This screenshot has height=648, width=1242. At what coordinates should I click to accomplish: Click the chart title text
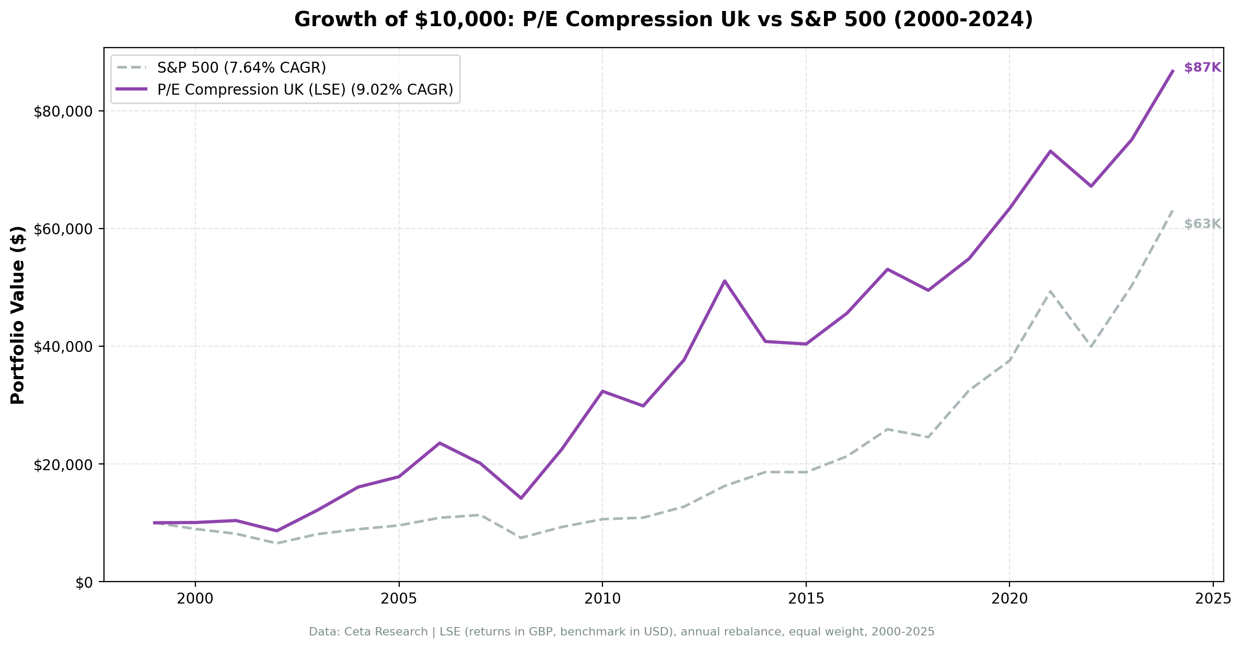tap(664, 20)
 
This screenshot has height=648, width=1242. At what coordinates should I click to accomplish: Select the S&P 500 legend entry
tap(241, 68)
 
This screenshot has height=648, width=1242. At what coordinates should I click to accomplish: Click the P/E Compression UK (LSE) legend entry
tap(305, 90)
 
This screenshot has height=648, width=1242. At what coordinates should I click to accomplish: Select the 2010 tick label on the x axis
tap(602, 599)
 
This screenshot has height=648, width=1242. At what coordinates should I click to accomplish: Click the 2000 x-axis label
tap(195, 599)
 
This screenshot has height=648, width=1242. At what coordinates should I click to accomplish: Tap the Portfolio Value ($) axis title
tap(18, 315)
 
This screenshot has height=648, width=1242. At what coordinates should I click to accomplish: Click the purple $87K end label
tap(1202, 67)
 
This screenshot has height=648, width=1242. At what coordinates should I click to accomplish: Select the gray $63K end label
tap(1202, 224)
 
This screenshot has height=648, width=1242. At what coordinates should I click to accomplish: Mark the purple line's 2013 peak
tap(724, 281)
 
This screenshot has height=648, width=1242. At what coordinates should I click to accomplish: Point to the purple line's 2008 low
tap(521, 498)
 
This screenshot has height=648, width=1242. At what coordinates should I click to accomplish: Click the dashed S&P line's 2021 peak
tap(1050, 291)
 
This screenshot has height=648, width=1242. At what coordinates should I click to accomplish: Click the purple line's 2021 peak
tap(1050, 151)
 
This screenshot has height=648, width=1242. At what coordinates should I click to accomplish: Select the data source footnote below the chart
tap(621, 632)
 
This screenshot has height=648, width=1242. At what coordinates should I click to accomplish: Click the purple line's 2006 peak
tap(440, 443)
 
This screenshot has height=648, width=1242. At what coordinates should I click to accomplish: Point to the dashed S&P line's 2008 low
tap(521, 538)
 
